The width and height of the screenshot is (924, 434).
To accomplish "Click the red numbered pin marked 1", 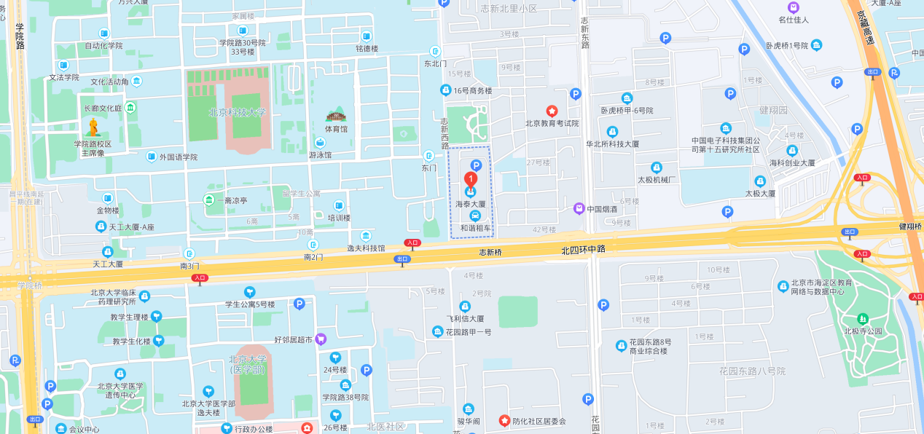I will pos(471,178).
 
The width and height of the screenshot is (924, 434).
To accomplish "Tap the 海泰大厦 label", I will pos(470,205).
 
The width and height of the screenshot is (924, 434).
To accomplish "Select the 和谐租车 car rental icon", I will pos(475,216).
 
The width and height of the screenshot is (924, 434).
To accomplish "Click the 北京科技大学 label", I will pos(237,112).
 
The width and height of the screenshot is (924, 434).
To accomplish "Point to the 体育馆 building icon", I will pos(336,116).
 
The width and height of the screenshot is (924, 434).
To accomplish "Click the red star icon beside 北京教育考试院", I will pos(552,111).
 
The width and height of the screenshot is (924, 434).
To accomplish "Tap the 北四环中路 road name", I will pos(583,249).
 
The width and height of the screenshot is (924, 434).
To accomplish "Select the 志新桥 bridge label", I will pos(490,252).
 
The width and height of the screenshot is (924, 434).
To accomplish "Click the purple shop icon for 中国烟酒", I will pos(579,208).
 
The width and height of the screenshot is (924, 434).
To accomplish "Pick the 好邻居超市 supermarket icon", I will pos(321,339).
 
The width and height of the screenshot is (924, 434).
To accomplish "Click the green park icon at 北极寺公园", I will pos(863,319).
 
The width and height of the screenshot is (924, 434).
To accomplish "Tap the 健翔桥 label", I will pos(910,226).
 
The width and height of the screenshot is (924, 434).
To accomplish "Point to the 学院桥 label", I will pos(29,285).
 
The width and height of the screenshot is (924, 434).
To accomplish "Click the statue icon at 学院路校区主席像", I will pos(94,127).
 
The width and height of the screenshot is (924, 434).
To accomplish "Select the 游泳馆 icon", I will pos(320,143).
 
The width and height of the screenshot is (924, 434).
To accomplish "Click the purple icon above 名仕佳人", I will pos(794,7).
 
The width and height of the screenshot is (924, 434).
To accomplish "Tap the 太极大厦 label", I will pos(758,194).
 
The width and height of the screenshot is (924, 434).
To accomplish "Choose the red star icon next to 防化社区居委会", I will pos(504,421).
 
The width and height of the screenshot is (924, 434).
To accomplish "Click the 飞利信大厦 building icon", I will pos(465,307).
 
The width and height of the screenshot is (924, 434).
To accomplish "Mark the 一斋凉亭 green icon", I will pos(210,200).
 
